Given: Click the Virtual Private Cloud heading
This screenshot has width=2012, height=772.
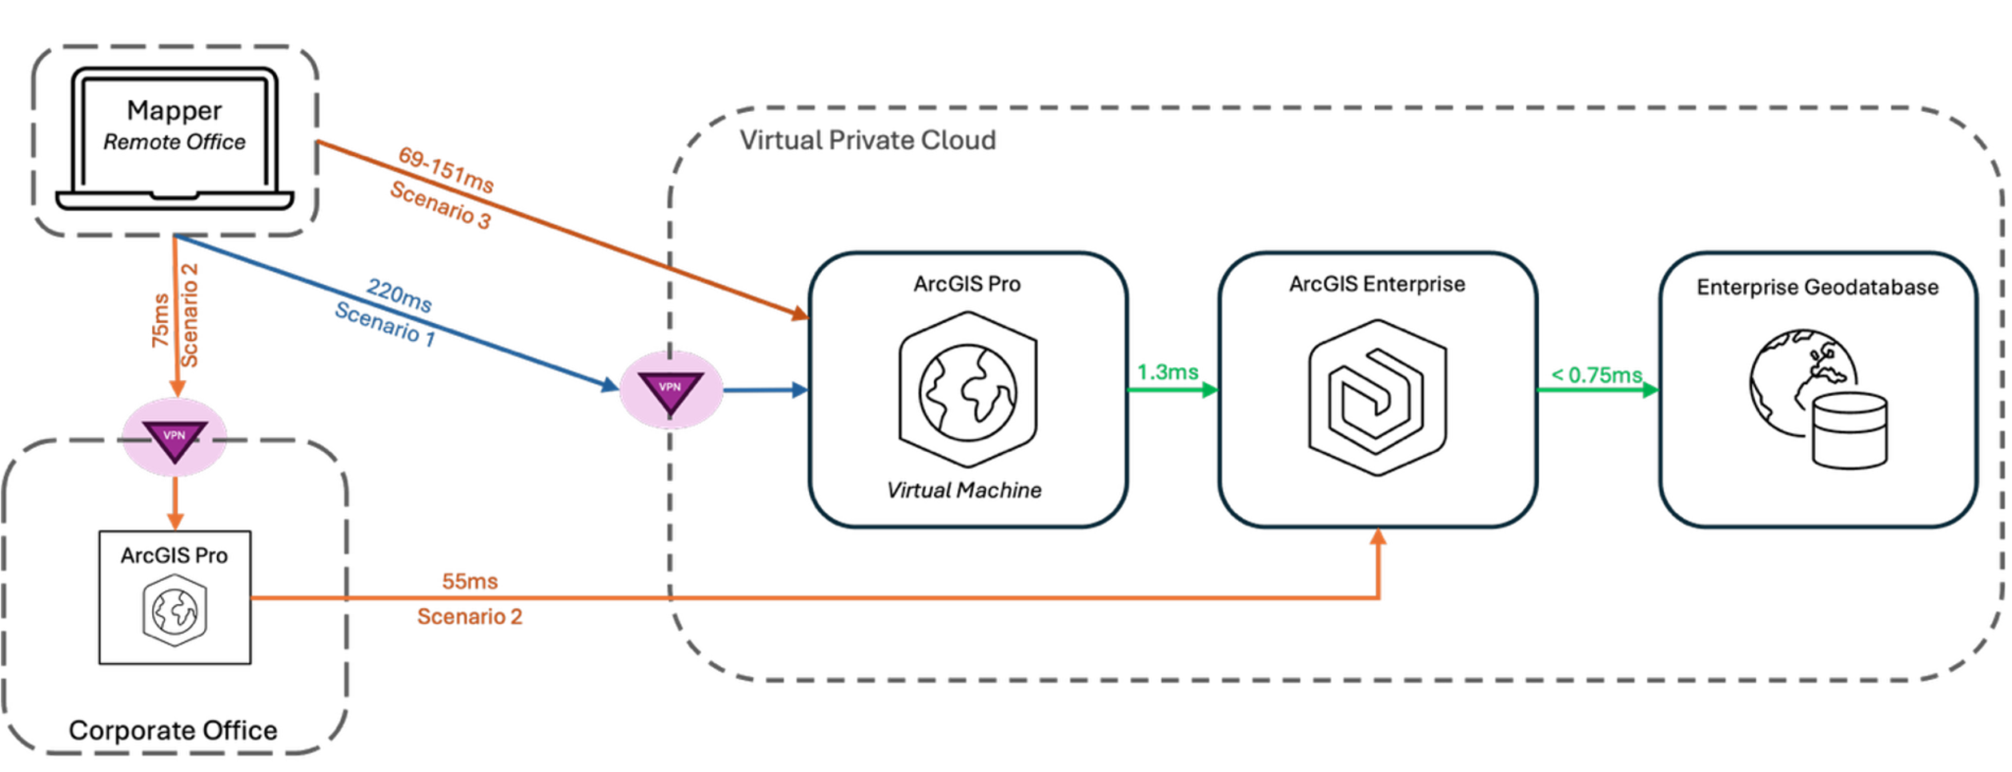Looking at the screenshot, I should [x=868, y=141].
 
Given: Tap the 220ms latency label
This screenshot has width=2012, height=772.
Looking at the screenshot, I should [x=399, y=295].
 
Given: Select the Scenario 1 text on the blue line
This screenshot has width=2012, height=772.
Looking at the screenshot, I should [x=384, y=325].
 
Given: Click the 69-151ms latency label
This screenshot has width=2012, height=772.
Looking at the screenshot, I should [x=446, y=170].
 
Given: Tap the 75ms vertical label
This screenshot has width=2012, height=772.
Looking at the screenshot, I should [x=161, y=321].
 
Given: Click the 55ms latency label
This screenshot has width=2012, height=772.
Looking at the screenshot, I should [x=470, y=582].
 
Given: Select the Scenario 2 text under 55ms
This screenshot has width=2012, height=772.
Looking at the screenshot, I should [x=470, y=617].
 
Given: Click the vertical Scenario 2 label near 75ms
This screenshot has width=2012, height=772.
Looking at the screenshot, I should [x=190, y=315].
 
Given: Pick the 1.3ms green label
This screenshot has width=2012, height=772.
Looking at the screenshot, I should [x=1168, y=373].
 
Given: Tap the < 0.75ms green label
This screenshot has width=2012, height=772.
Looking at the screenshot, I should [x=1596, y=375].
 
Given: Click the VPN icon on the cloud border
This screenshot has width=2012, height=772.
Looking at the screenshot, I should [x=671, y=390].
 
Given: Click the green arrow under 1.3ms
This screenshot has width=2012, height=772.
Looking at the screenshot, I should [x=1172, y=390].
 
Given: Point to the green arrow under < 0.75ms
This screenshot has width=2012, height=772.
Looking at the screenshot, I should [x=1597, y=391].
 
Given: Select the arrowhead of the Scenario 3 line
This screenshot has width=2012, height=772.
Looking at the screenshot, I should [x=799, y=314].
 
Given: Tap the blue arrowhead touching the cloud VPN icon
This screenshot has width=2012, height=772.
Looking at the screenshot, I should [x=609, y=385].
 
